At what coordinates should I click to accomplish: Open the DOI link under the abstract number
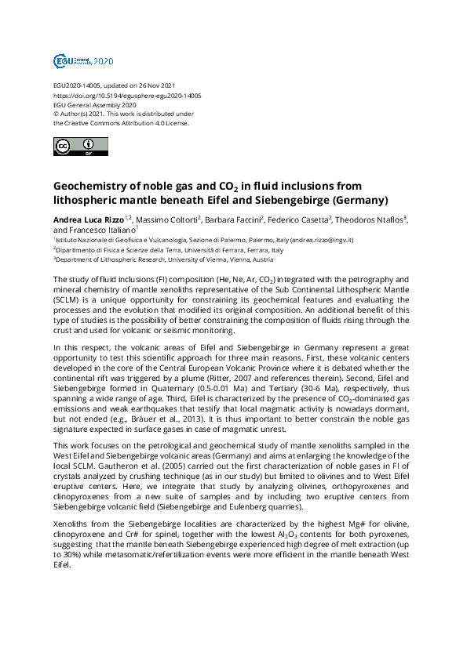126,95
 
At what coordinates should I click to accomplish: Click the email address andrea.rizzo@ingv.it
323,239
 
